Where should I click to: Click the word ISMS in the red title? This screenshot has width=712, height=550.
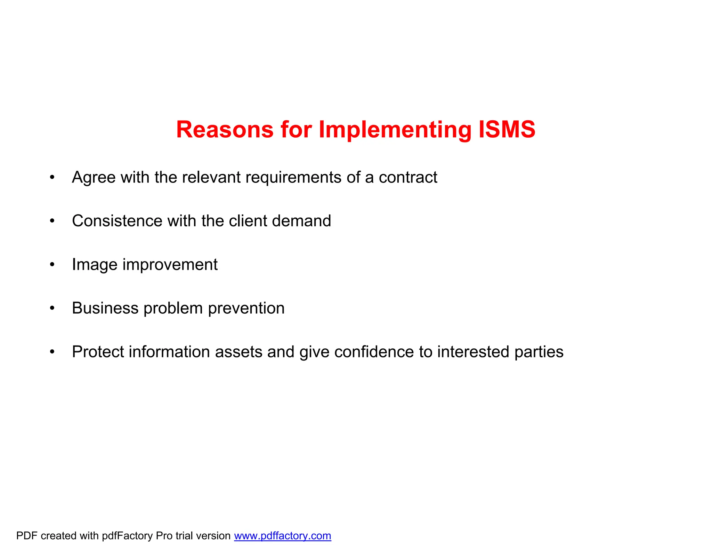(x=507, y=129)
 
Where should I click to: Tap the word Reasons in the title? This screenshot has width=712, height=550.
(x=225, y=129)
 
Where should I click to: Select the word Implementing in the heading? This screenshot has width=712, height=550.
(x=395, y=130)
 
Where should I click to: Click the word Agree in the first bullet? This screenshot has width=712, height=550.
(x=94, y=178)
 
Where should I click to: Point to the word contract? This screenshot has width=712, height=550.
(x=408, y=177)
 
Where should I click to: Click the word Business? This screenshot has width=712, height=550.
(x=105, y=308)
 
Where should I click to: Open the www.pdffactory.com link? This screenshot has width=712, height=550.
(x=282, y=536)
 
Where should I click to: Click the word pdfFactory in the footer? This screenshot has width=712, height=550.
(x=127, y=536)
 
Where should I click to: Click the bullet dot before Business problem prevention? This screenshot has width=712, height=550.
(x=52, y=308)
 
